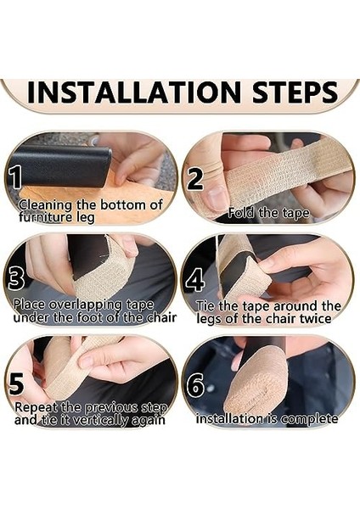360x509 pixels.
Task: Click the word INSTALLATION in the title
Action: (134, 92)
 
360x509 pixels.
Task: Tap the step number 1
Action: (15, 178)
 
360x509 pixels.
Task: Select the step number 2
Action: (195, 179)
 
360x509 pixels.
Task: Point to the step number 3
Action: (16, 279)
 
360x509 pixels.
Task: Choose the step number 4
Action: (195, 279)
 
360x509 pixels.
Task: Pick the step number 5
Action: (16, 384)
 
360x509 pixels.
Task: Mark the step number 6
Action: (195, 385)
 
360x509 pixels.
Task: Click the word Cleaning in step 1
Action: (46, 206)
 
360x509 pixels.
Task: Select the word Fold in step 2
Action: (240, 213)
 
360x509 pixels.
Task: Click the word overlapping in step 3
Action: (86, 305)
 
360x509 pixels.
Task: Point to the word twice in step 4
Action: (316, 318)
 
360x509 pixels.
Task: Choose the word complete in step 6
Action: (309, 419)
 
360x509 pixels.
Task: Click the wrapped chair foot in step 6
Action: (256, 384)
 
